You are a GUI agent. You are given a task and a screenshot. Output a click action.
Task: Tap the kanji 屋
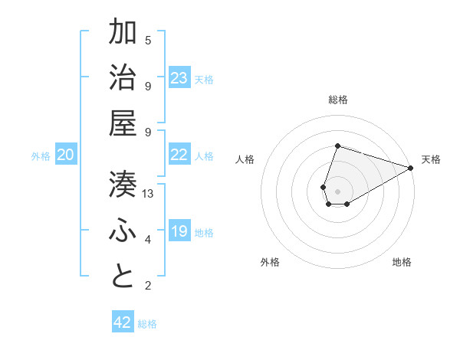(123, 123)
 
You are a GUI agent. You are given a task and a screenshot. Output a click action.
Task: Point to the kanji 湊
(123, 184)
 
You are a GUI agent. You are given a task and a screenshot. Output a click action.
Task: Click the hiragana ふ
(123, 231)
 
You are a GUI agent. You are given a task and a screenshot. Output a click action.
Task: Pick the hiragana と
(123, 277)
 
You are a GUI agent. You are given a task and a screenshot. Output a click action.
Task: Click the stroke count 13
(148, 194)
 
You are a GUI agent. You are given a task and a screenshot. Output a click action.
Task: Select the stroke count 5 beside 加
(148, 41)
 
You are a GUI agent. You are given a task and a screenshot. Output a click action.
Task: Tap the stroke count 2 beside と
(148, 286)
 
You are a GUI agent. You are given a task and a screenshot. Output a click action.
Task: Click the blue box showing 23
(179, 77)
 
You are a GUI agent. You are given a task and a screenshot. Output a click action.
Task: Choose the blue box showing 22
(179, 155)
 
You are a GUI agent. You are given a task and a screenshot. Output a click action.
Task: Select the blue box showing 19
(179, 231)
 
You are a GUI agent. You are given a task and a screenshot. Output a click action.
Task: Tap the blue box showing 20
(66, 155)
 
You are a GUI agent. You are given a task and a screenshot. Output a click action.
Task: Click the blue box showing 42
(123, 322)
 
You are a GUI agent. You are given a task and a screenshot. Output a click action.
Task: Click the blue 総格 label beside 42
(147, 324)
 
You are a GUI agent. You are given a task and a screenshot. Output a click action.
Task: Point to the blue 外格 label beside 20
(41, 156)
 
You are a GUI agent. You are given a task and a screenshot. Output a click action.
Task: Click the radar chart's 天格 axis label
(431, 159)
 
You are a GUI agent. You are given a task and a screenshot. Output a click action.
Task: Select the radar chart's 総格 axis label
(337, 100)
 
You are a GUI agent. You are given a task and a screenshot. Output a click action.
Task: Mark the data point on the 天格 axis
(411, 169)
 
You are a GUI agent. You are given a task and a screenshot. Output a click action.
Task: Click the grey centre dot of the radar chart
(337, 190)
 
